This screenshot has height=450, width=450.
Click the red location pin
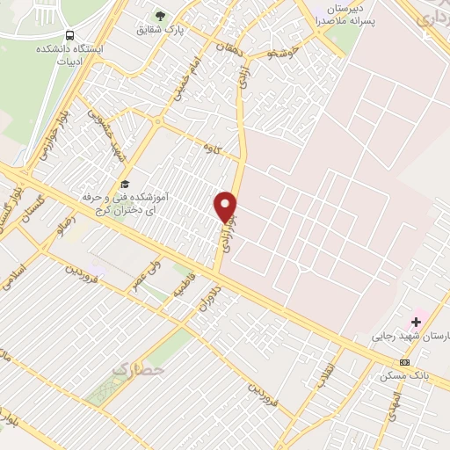227,207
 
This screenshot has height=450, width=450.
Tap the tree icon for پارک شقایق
159,15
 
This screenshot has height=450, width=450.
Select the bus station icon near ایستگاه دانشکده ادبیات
72,37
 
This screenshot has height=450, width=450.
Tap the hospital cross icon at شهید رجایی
416,322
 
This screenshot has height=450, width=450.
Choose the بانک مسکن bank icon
405,362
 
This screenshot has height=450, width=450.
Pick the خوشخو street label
286,54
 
